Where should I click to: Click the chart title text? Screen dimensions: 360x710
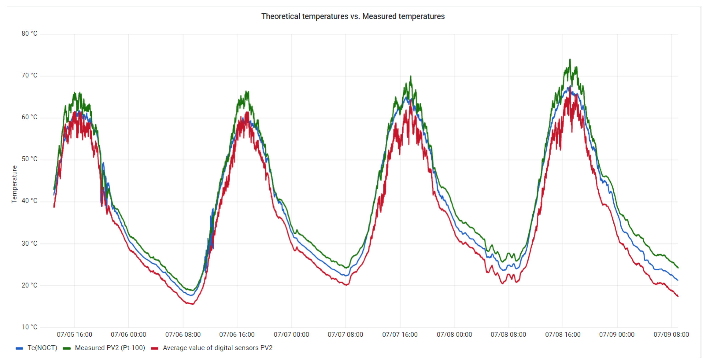tap(353, 16)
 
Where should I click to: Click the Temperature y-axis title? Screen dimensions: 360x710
tap(14, 184)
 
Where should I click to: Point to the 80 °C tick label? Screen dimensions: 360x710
tap(29, 34)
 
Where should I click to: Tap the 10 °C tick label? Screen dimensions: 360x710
tap(29, 327)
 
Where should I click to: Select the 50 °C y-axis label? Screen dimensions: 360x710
tap(29, 159)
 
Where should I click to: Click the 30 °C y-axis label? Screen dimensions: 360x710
tap(29, 243)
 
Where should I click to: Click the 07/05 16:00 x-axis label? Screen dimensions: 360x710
tap(74, 335)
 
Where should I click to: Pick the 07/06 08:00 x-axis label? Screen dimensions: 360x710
tap(183, 335)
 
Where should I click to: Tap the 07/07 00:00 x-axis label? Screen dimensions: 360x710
tap(291, 335)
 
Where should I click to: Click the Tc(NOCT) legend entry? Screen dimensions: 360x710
tap(42, 348)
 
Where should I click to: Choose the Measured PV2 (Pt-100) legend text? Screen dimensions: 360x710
tap(110, 348)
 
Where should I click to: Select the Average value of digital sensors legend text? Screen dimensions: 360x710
tap(217, 348)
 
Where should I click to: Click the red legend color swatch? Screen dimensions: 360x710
tap(155, 348)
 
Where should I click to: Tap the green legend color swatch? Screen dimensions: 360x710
tap(67, 348)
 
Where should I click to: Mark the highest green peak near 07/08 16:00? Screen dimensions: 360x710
tap(570, 59)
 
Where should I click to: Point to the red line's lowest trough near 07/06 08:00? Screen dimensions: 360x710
tap(192, 304)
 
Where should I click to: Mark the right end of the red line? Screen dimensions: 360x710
tap(678, 296)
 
